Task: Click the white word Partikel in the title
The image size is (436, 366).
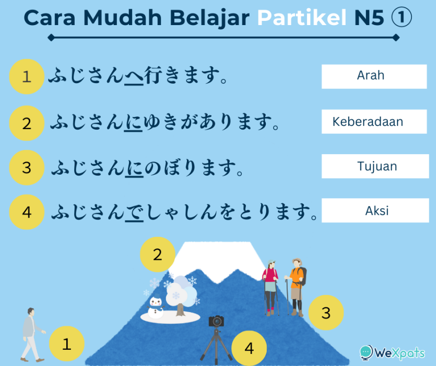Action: pos(302,18)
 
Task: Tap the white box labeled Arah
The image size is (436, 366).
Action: pos(374,76)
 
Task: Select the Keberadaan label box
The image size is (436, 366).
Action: pos(374,121)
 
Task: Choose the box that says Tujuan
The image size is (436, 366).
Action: pos(375,166)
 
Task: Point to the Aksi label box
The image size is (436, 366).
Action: pos(375,210)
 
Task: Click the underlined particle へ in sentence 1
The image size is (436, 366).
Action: pos(134,76)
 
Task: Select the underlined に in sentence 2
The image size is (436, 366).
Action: pos(133,122)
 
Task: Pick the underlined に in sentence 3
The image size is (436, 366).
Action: pos(134,168)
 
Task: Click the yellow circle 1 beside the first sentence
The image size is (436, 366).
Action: pos(27,76)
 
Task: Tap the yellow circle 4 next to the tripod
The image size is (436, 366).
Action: pos(249,348)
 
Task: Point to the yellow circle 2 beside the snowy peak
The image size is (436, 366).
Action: pos(157,254)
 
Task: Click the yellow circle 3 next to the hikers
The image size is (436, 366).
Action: pos(326,313)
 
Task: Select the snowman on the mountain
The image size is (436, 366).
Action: pos(156,307)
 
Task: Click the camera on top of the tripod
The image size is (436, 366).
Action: pos(216,321)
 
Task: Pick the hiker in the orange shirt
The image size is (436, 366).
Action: pos(296,288)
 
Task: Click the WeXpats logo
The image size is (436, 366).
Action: pos(392,352)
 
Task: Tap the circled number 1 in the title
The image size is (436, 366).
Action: pos(402,17)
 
